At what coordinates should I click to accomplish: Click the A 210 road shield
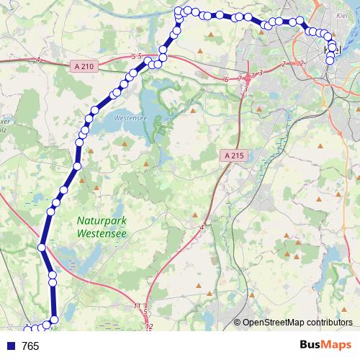[84, 66]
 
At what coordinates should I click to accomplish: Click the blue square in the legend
[10, 346]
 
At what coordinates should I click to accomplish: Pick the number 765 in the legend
[30, 346]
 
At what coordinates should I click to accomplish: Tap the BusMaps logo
[325, 346]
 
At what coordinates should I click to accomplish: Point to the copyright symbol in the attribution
[237, 323]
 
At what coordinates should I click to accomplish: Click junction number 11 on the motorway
[137, 306]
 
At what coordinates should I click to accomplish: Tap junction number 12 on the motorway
[149, 328]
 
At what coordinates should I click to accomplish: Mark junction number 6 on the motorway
[226, 78]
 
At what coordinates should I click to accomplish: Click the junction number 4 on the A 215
[202, 228]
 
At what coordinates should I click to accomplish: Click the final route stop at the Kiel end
[330, 60]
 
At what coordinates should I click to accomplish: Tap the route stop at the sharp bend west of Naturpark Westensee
[42, 248]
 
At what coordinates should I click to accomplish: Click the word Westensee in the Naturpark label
[102, 234]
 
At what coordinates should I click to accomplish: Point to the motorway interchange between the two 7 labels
[247, 76]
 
